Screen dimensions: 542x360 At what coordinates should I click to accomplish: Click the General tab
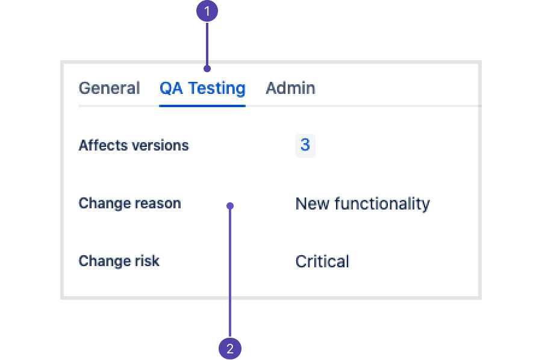click(109, 88)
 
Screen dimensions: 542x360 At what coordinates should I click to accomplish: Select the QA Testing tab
click(202, 88)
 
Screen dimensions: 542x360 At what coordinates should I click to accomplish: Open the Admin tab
click(290, 88)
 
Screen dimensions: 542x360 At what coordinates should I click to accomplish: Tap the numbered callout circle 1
click(207, 11)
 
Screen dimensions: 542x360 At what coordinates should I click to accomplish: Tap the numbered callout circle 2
click(230, 348)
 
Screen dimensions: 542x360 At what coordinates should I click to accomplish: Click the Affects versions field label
click(134, 146)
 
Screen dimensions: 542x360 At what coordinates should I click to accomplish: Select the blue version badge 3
click(305, 145)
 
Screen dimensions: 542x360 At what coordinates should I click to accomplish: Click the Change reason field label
click(129, 203)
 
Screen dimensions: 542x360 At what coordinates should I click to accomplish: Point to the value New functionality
click(363, 204)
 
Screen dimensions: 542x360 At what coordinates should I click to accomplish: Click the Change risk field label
click(119, 261)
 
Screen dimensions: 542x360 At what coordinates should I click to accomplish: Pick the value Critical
click(322, 261)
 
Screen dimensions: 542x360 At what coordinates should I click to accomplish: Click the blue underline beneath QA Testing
click(202, 106)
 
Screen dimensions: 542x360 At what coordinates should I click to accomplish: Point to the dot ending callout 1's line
click(207, 69)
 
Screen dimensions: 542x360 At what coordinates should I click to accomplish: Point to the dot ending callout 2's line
click(230, 206)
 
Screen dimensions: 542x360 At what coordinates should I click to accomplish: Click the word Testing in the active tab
click(217, 88)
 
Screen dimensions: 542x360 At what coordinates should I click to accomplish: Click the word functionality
click(382, 204)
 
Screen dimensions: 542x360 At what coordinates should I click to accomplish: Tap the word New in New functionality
click(312, 204)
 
